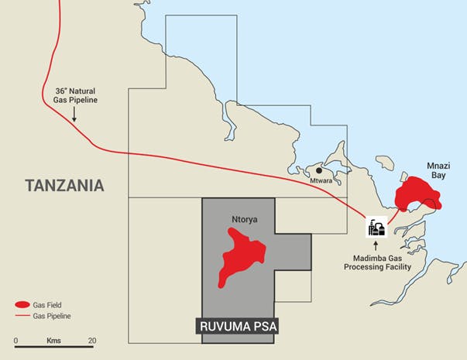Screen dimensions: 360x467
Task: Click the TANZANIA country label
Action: point(64,186)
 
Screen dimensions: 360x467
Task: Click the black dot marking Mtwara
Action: point(318,170)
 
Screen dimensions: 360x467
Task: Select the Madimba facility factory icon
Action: point(378,227)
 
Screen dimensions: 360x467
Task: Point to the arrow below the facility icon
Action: point(378,245)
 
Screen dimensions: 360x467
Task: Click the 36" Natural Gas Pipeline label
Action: point(77,94)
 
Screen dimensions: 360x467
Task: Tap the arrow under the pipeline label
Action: point(74,114)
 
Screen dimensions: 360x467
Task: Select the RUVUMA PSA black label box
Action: point(235,327)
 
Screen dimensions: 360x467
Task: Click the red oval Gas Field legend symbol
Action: point(22,304)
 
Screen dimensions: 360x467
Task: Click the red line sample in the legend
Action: point(22,316)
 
